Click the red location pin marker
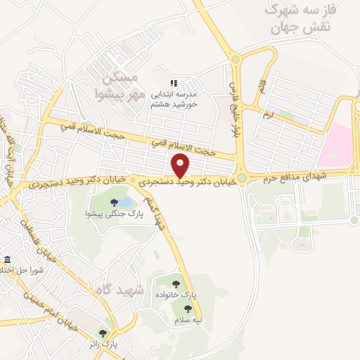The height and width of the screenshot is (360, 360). coord(181,167)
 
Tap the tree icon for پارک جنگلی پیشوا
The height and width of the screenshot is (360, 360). coord(113,203)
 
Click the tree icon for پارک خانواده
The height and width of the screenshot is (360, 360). coord(176,284)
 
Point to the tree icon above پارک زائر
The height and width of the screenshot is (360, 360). coord(103,333)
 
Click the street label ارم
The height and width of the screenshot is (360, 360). coord(266,114)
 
